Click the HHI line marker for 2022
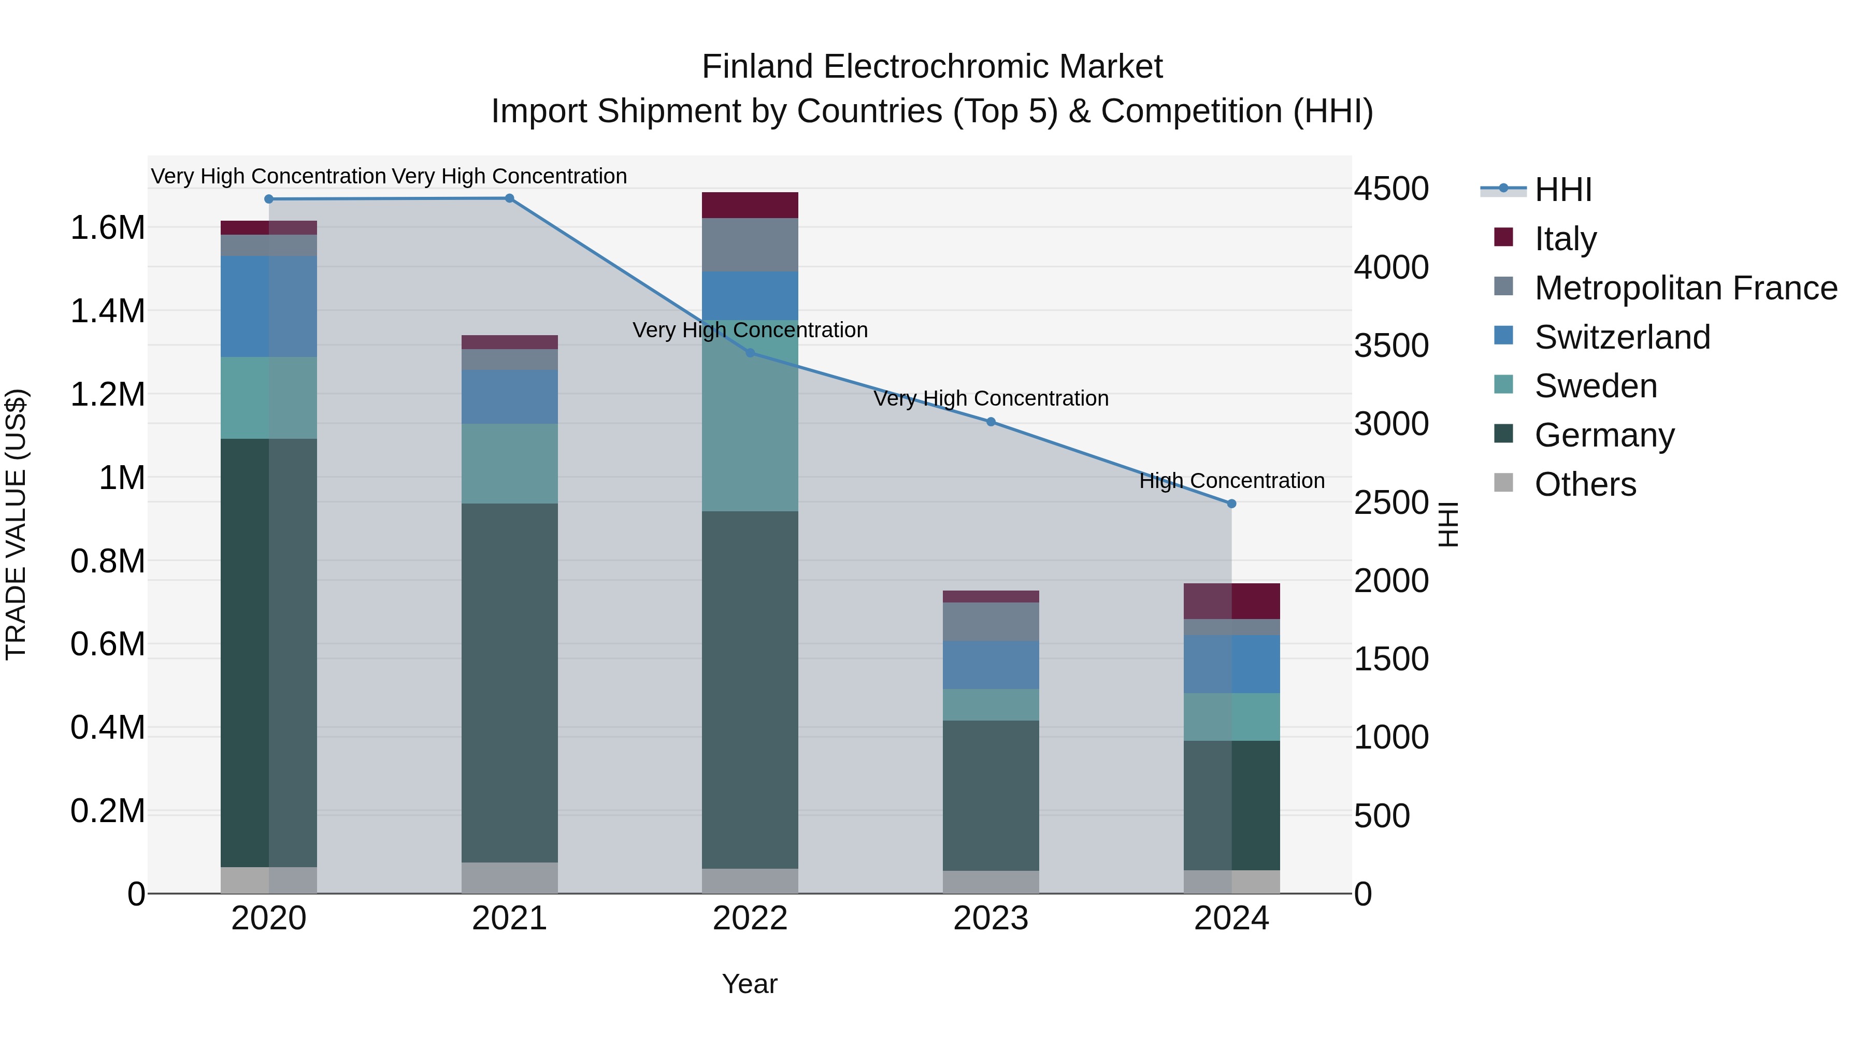[750, 353]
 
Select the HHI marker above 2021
[510, 198]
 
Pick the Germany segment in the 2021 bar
[510, 683]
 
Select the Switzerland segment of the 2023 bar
[991, 665]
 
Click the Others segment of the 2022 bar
[750, 881]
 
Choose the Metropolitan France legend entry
[1685, 288]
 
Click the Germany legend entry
[1604, 435]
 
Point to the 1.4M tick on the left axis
[107, 311]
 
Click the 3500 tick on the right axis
[1391, 346]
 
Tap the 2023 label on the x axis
[991, 918]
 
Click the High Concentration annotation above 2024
[1231, 481]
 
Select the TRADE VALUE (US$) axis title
[16, 524]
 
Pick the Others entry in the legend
[1585, 484]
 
